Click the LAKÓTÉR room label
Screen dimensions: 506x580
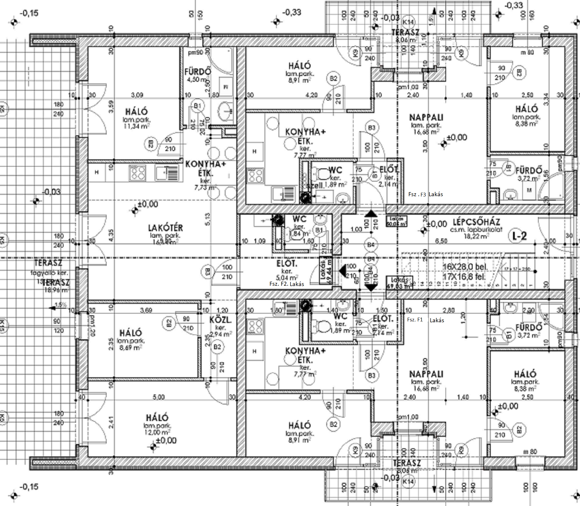coord(165,228)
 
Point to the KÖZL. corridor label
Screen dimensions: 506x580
coord(220,320)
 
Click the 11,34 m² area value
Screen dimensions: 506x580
coord(136,126)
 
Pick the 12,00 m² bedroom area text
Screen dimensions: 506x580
coord(157,432)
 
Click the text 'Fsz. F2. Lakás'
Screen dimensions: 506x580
coord(287,284)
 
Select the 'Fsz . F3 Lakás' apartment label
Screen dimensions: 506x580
coord(425,194)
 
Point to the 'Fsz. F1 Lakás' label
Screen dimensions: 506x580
coord(425,320)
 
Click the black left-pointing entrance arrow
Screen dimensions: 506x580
coord(342,270)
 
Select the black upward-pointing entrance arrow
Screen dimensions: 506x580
coord(371,214)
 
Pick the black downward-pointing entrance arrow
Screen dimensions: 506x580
coord(371,288)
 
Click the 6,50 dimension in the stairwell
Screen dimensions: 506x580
coord(441,241)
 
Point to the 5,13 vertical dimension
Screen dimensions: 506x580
coord(208,219)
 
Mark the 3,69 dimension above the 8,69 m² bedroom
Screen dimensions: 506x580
coord(146,310)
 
